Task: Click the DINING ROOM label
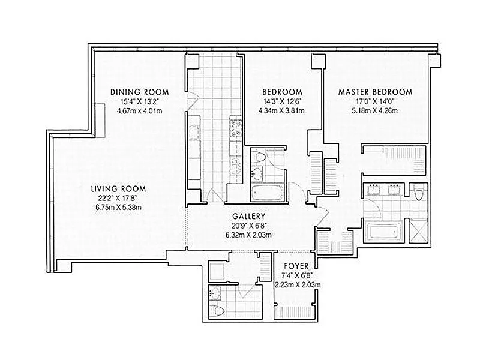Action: pos(140,92)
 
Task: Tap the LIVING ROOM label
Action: pos(118,188)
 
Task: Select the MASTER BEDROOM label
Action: pos(376,92)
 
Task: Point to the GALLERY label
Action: pos(248,217)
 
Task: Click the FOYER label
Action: pos(296,266)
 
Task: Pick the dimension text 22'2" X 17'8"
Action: pos(118,199)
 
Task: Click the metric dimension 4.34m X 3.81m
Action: pos(281,111)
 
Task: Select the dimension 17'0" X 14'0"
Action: pos(375,101)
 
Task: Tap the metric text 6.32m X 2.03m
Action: pos(248,235)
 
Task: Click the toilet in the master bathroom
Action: pos(419,193)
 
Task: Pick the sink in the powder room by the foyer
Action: pos(216,293)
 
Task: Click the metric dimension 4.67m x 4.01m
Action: pos(140,111)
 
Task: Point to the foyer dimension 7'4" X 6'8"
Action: pos(296,275)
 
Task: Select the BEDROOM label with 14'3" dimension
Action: pos(282,92)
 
